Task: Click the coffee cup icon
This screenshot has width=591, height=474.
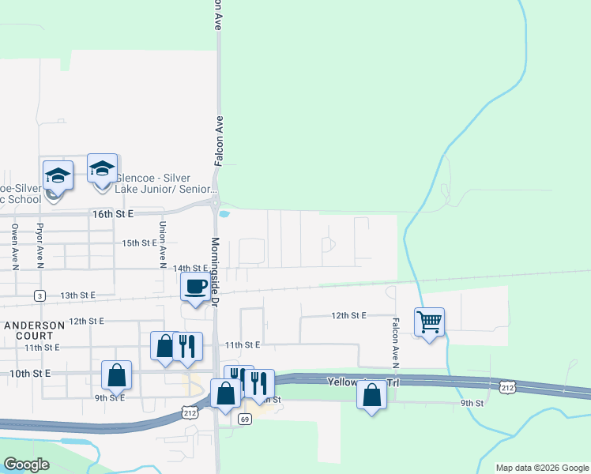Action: tap(195, 287)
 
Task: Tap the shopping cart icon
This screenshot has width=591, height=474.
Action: tap(429, 322)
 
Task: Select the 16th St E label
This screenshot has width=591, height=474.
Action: tap(114, 214)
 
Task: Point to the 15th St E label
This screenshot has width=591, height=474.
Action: tap(139, 243)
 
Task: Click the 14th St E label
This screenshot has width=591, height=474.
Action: tap(190, 269)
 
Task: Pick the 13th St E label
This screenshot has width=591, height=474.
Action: tap(77, 295)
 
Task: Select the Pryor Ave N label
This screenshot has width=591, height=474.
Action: tap(40, 243)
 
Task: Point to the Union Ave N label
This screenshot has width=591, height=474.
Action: tap(163, 242)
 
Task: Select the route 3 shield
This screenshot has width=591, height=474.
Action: tap(39, 295)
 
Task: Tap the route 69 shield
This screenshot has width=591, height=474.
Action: tap(246, 419)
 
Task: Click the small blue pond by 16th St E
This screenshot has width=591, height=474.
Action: tap(224, 213)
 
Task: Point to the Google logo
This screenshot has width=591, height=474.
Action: tap(26, 465)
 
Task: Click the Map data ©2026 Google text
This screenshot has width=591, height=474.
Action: tap(542, 468)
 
